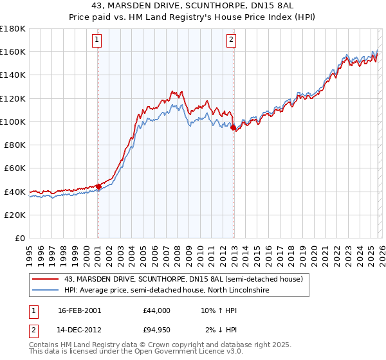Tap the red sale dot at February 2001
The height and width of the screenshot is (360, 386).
[98, 186]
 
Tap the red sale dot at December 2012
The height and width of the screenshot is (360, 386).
[233, 127]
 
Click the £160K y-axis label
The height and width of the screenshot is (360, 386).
[14, 51]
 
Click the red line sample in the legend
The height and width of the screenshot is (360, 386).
[46, 279]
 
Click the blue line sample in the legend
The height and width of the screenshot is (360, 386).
[46, 290]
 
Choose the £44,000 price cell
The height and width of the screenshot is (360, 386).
[156, 310]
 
